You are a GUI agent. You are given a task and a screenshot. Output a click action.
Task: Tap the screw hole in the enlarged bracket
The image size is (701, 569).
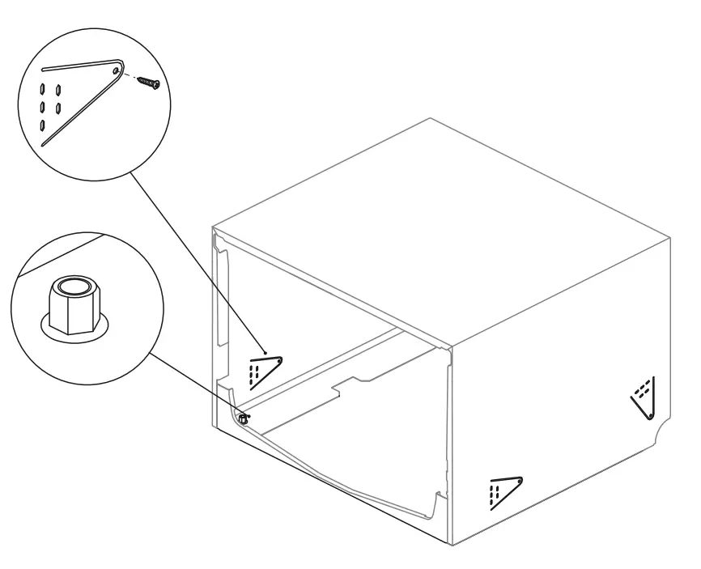[118, 71]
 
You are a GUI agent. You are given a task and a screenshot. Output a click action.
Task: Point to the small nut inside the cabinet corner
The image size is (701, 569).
[243, 419]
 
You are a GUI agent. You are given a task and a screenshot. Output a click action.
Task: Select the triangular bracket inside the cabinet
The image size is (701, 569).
[265, 368]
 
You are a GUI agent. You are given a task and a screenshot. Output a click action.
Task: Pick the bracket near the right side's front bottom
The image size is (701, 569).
[505, 490]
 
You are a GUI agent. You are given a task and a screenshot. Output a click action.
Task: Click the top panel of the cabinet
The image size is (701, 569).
[445, 227]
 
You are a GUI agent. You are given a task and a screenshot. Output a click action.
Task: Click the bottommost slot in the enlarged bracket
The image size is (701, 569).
[43, 125]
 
